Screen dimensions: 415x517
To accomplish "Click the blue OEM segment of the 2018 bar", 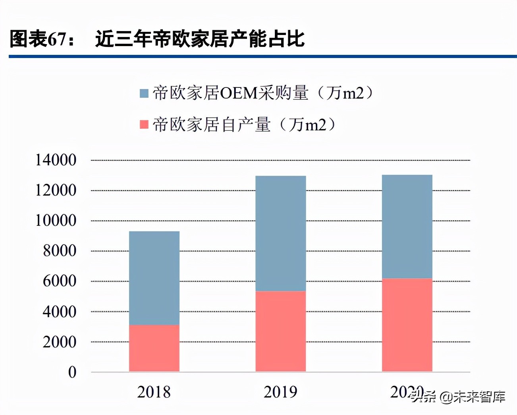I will tap(154, 278).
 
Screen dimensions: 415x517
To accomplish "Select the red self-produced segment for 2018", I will tap(154, 348).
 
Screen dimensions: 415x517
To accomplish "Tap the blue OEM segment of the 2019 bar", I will tap(280, 233).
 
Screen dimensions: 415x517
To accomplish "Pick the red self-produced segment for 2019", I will tap(280, 331).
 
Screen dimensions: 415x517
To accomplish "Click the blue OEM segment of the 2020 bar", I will tap(407, 227).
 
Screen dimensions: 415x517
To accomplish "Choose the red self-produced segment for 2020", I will tap(407, 325).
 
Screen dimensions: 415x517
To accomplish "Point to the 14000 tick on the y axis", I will tap(56, 160).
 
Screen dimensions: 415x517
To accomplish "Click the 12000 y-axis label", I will tap(56, 190).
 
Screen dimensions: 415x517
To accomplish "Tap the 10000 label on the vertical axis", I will tap(56, 221).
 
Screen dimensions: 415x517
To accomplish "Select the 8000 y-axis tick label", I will tap(60, 251).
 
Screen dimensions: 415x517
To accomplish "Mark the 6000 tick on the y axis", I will tap(60, 281).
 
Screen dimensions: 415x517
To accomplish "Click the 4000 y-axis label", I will tap(60, 312).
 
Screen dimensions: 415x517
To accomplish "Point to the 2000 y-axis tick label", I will tap(60, 342).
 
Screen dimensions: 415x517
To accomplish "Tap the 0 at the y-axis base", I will tap(72, 372).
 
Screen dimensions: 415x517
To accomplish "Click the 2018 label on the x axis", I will tap(154, 392).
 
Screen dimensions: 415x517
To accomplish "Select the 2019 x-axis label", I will tap(280, 392).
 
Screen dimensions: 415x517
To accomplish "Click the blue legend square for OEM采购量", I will tap(144, 93).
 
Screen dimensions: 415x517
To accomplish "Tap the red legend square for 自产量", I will tap(144, 125).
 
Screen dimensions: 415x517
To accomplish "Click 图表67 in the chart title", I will tap(38, 39).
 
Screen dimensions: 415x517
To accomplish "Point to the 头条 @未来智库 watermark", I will tap(459, 396).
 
